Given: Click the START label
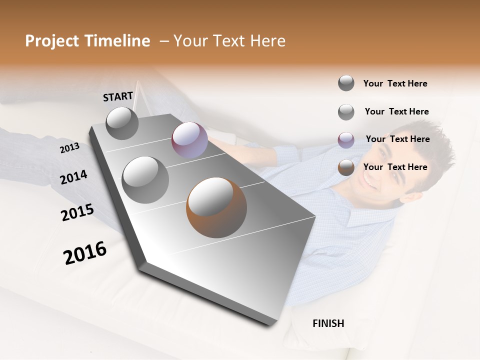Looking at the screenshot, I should tap(118, 96).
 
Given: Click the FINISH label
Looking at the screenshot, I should tap(328, 323).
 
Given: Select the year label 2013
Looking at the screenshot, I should tap(69, 147).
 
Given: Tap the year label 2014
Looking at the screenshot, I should tap(73, 177).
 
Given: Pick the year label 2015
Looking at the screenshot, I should tap(77, 212).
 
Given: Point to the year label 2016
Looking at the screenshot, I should tap(85, 253).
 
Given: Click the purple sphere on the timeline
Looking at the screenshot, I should tap(189, 140).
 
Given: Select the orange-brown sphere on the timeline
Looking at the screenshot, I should tap(216, 207).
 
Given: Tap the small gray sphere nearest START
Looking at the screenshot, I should tap(122, 123).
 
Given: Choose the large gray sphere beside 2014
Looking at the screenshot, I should tap(145, 179).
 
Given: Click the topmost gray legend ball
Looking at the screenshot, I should tap(346, 83).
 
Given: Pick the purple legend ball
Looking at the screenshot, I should tap(346, 140).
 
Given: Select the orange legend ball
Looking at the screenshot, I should tap(346, 167).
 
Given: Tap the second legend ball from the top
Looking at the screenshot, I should tap(346, 112).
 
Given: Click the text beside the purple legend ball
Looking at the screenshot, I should tap(397, 139).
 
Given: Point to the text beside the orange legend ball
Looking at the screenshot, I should tap(395, 167).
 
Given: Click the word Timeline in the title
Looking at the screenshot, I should tap(117, 41).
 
